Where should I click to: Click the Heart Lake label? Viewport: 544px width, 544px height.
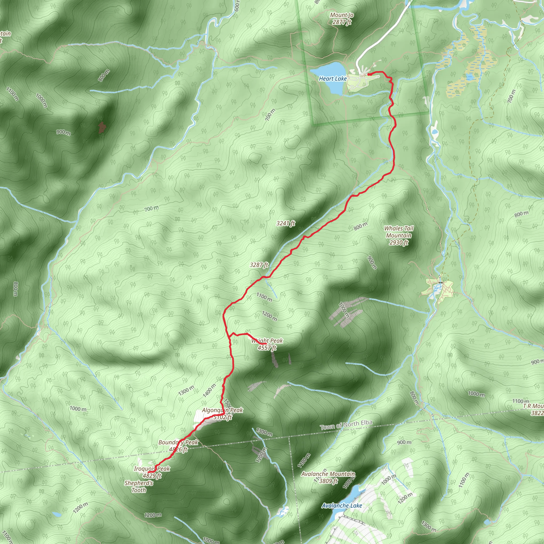click(x=333, y=79)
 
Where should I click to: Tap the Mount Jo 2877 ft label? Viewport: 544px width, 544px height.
click(x=342, y=19)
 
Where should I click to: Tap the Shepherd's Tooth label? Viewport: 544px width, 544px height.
click(x=139, y=487)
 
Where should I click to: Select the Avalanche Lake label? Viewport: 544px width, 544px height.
click(x=342, y=505)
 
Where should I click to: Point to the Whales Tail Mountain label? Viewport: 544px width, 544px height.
click(x=399, y=235)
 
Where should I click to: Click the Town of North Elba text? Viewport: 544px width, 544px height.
click(x=346, y=425)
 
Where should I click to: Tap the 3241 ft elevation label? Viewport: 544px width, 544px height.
click(x=286, y=223)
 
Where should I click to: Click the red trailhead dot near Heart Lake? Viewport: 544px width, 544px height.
click(x=369, y=74)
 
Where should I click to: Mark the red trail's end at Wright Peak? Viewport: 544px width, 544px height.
click(x=266, y=344)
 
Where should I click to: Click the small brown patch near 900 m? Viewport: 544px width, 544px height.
click(x=102, y=127)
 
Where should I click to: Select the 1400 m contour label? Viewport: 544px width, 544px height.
click(x=209, y=390)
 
